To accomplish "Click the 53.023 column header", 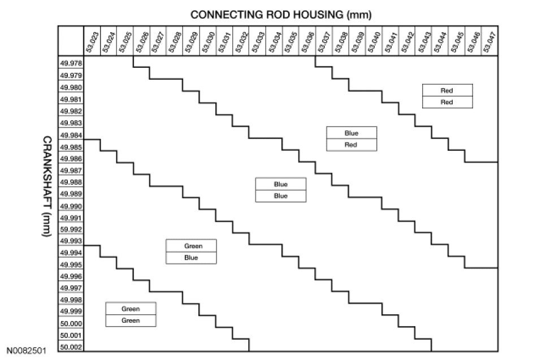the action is click(93, 41).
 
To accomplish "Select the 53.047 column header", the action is click(490, 41).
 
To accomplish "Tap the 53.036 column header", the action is click(308, 41).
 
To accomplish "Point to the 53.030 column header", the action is click(209, 41).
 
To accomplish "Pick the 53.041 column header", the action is click(391, 41).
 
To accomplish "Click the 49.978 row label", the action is click(71, 64).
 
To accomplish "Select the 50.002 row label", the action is click(71, 347).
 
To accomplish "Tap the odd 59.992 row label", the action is click(71, 229).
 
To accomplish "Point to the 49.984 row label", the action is click(71, 135).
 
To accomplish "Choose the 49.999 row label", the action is click(71, 311).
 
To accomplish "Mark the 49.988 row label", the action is click(71, 182).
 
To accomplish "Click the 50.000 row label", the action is click(71, 323).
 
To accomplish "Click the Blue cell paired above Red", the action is click(351, 133).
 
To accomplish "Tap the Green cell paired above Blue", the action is click(191, 246).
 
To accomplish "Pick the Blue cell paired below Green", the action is click(191, 258).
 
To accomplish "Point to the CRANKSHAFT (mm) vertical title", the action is click(48, 186).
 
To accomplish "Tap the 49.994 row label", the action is click(71, 253).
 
